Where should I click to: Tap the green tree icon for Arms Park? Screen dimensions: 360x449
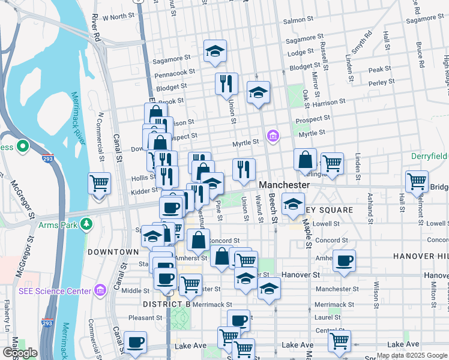[x=88, y=224]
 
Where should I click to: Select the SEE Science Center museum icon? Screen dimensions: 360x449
[x=100, y=290]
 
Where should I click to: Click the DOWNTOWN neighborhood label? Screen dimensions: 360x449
[x=113, y=252]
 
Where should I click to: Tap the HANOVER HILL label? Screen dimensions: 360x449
[x=421, y=256]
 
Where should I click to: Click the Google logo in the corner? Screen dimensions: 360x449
[x=20, y=353]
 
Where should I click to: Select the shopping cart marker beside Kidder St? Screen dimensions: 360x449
[x=100, y=182]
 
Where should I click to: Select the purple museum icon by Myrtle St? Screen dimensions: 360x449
[x=274, y=136]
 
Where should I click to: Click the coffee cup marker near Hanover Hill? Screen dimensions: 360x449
[x=345, y=261]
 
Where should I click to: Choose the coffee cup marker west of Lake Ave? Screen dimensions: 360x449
[x=136, y=342]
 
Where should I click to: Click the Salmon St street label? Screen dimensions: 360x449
[x=294, y=20]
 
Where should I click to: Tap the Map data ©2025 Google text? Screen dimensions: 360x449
[x=412, y=355]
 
